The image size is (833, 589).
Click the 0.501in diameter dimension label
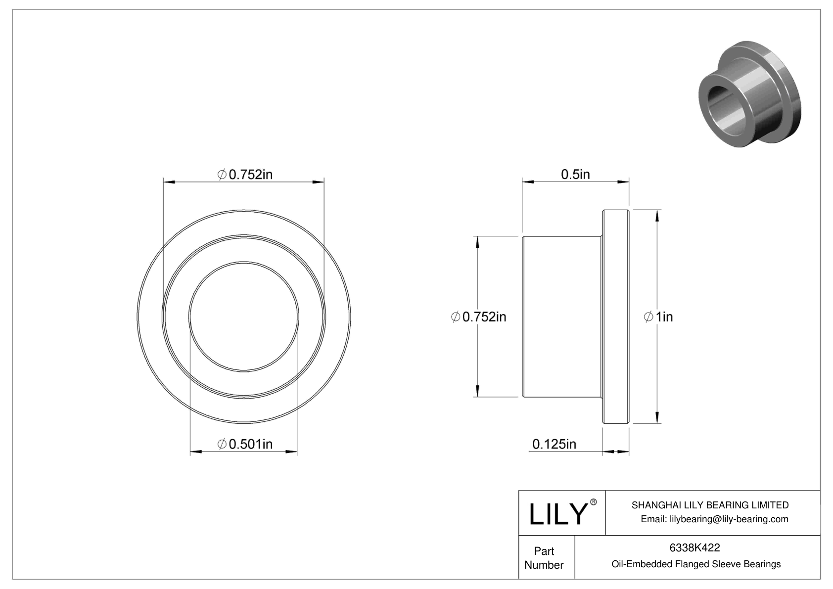coord(245,444)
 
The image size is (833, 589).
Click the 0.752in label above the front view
coord(245,174)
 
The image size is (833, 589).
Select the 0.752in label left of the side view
coord(479,317)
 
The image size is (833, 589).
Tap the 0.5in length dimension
coord(575,174)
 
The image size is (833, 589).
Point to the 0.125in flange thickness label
coord(554,444)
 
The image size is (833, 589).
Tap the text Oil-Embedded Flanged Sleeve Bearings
coord(695,564)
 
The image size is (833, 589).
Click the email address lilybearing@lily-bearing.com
coord(714,519)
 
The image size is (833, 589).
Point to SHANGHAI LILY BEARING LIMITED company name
coord(710,505)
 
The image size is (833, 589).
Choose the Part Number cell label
coord(544,558)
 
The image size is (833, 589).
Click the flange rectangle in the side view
coord(616,317)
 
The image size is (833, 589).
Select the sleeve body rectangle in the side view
coord(562,317)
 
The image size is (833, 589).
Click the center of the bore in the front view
coord(244,317)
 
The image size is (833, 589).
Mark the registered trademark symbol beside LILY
coord(594,502)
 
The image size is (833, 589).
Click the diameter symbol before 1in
coord(648,317)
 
